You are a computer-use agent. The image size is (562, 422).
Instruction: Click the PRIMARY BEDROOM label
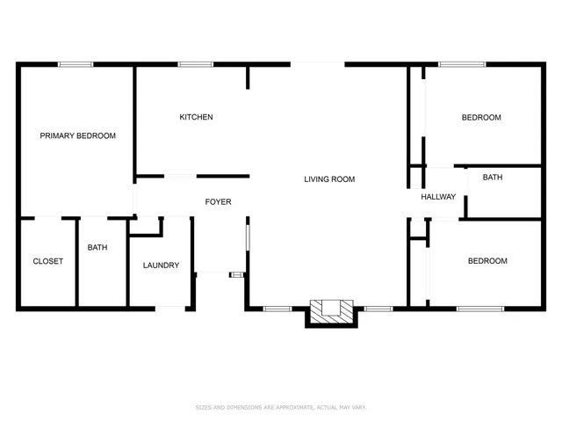78,135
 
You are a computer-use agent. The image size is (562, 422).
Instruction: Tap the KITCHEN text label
196,117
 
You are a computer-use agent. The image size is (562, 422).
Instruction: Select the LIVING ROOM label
329,179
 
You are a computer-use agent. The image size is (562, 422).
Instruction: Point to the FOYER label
218,202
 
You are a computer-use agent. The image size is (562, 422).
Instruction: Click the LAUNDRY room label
161,265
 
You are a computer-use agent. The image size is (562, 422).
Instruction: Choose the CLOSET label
47,261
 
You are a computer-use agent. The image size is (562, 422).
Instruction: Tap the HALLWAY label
438,197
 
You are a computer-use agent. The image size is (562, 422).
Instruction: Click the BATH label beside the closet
97,247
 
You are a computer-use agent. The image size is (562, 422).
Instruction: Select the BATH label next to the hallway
493,178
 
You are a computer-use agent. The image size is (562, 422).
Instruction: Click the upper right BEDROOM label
481,118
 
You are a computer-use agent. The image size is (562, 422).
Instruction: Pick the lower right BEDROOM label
486,261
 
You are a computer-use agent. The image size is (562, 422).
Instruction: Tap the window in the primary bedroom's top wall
76,64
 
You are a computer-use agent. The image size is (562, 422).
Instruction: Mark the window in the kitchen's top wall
195,64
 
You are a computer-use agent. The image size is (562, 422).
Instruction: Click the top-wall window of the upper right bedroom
462,64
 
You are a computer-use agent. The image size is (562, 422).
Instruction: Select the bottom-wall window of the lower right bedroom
480,308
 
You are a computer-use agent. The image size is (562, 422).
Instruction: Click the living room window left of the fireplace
277,308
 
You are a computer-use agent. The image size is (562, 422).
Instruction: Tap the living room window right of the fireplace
378,308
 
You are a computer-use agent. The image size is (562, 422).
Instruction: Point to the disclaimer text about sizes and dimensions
280,407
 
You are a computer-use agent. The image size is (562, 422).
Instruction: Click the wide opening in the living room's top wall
317,64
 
